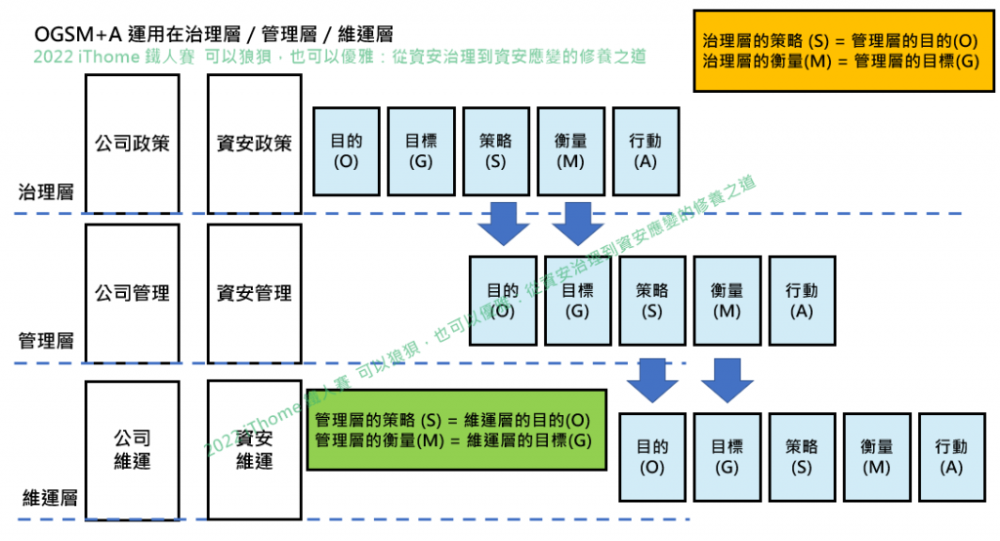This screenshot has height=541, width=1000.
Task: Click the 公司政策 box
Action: pyautogui.click(x=132, y=144)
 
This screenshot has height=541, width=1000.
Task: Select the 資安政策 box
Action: pyautogui.click(x=254, y=144)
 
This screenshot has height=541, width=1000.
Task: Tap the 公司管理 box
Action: pyautogui.click(x=132, y=293)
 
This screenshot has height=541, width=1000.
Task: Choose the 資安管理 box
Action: pyautogui.click(x=254, y=293)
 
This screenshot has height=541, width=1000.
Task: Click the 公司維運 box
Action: pyautogui.click(x=132, y=449)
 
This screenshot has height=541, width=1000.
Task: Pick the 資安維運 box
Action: pyautogui.click(x=254, y=449)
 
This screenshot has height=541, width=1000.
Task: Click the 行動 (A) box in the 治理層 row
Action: pyautogui.click(x=646, y=150)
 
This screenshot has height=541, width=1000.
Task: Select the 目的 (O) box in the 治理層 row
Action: pyautogui.click(x=346, y=150)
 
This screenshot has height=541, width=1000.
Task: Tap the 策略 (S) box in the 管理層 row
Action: pyautogui.click(x=652, y=301)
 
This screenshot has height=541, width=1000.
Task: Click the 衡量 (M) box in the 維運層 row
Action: pyautogui.click(x=877, y=456)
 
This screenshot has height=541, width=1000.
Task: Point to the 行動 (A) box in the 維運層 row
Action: pyautogui.click(x=951, y=456)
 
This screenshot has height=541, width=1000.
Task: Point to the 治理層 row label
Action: pyautogui.click(x=46, y=191)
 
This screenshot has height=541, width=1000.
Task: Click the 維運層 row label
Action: pyautogui.click(x=49, y=498)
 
